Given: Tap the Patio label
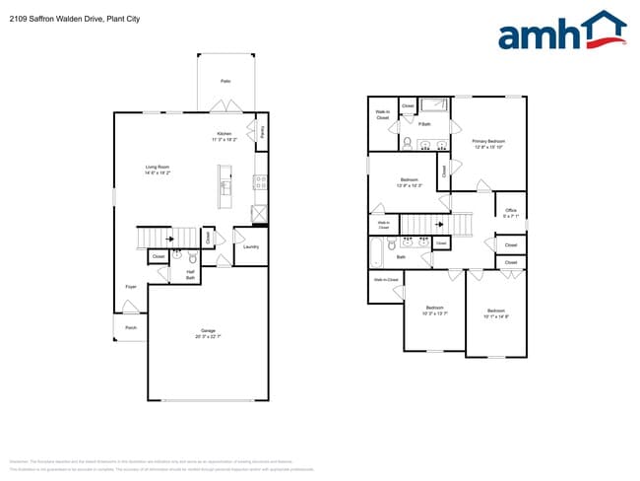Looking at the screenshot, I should click(x=225, y=81).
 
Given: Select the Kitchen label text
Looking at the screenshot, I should click(x=224, y=134).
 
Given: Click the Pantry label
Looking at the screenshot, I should click(x=263, y=129).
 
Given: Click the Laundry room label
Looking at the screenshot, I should click(x=251, y=246).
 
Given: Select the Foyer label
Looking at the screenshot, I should click(x=130, y=287).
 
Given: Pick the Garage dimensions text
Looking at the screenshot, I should click(x=208, y=337).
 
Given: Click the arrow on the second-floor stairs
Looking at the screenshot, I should click(x=437, y=224).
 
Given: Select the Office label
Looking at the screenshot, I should click(x=510, y=211).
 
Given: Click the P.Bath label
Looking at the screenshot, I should click(x=424, y=124).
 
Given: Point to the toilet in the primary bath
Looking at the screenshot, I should click(x=407, y=142).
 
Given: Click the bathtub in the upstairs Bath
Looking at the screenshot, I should click(x=377, y=254).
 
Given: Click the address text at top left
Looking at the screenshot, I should click(x=70, y=14).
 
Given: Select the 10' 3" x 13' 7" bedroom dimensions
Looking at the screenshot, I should click(x=434, y=314).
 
